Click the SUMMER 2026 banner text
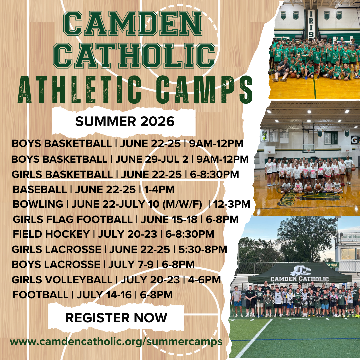[x=125, y=122]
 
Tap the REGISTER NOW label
[x=116, y=318]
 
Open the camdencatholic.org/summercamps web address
[x=116, y=342]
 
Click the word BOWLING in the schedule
[x=38, y=204]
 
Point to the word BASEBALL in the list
[x=40, y=189]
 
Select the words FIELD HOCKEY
[x=51, y=234]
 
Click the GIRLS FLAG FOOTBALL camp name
[x=72, y=219]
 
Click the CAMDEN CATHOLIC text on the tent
[x=300, y=279]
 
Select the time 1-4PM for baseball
[x=159, y=189]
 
